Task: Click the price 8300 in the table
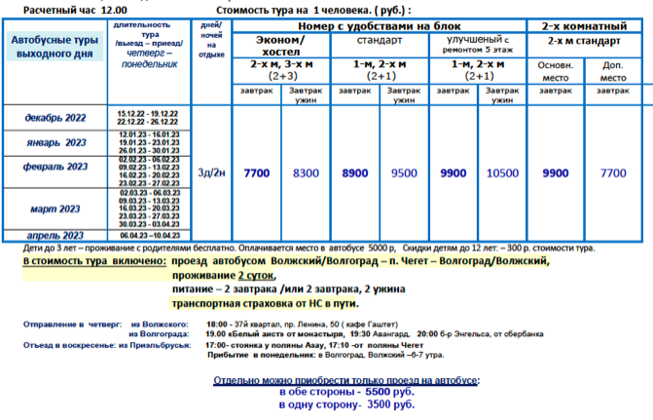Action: (306, 173)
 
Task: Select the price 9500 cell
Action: (403, 173)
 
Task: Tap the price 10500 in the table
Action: (502, 173)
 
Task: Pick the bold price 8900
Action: (356, 173)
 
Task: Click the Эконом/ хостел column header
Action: (280, 45)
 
